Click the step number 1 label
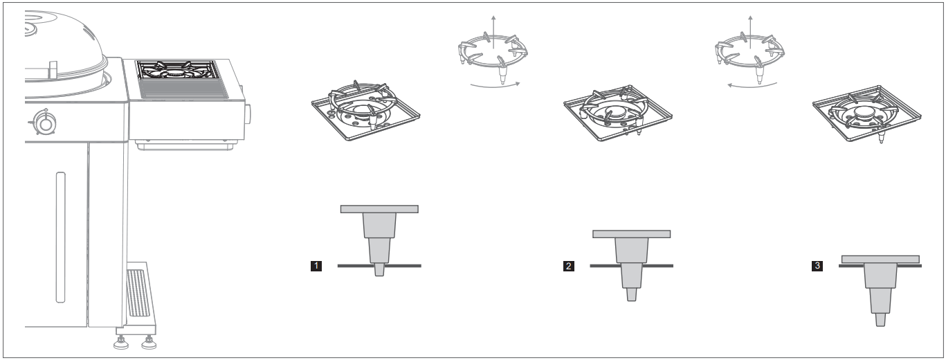(x=316, y=265)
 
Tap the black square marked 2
(x=570, y=265)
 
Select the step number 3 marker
(x=817, y=265)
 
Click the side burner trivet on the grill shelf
(x=178, y=71)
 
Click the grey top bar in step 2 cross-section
(x=631, y=234)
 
